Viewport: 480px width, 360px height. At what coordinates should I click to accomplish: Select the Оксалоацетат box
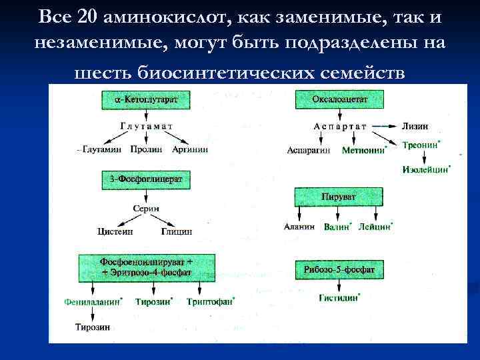coord(339,100)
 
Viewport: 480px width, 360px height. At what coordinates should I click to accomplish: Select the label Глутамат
coord(147,125)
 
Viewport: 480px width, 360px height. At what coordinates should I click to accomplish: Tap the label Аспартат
coord(340,126)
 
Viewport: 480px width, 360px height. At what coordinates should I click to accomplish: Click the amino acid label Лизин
coord(415,126)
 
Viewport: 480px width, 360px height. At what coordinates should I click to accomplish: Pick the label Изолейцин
coord(425,169)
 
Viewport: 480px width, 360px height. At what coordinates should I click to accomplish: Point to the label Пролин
coord(146,149)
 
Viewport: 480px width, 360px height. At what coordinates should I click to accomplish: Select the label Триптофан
coord(210,301)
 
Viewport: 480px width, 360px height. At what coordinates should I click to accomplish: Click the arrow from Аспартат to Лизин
coord(385,126)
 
